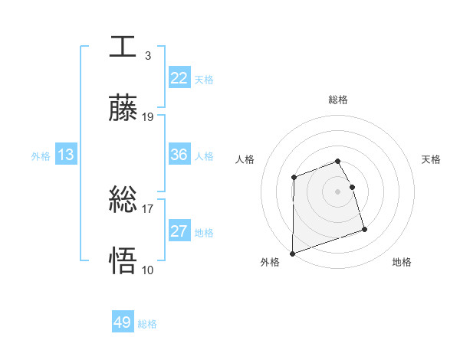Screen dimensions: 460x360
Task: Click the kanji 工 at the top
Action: click(123, 46)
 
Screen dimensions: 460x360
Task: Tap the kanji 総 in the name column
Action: click(123, 200)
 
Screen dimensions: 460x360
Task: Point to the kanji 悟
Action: click(123, 260)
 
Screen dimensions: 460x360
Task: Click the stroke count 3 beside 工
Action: click(147, 56)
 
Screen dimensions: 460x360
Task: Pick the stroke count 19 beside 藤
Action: click(148, 117)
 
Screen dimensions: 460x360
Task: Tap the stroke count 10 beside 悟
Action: click(148, 270)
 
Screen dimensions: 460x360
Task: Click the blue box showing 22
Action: click(179, 77)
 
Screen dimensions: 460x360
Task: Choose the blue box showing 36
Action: click(179, 155)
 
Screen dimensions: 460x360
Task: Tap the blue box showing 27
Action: click(179, 231)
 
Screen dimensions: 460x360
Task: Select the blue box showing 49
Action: click(123, 322)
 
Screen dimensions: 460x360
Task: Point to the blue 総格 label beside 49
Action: click(147, 324)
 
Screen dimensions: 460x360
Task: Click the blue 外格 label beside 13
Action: click(41, 156)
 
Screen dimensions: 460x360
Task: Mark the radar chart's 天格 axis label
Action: click(432, 159)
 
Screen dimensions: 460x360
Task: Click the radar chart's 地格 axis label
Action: click(402, 262)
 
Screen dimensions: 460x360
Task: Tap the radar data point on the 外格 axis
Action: click(292, 253)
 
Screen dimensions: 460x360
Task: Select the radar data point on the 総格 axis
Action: click(337, 161)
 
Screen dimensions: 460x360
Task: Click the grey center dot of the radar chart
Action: click(337, 191)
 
